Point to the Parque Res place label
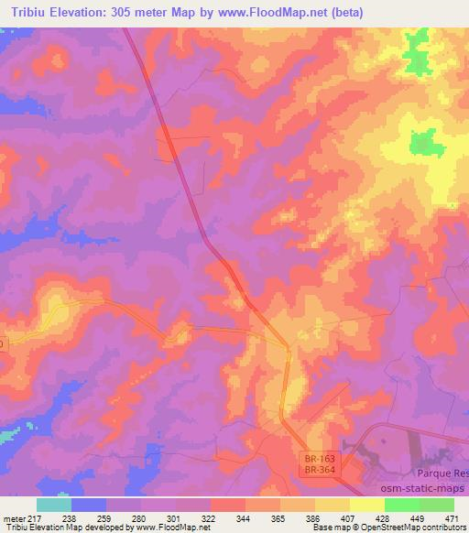point(442,473)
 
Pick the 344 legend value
point(245,517)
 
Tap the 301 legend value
point(175,517)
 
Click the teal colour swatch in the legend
point(54,505)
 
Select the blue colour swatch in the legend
point(89,505)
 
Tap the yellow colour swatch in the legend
point(366,505)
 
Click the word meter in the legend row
point(13,517)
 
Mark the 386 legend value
point(314,517)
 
